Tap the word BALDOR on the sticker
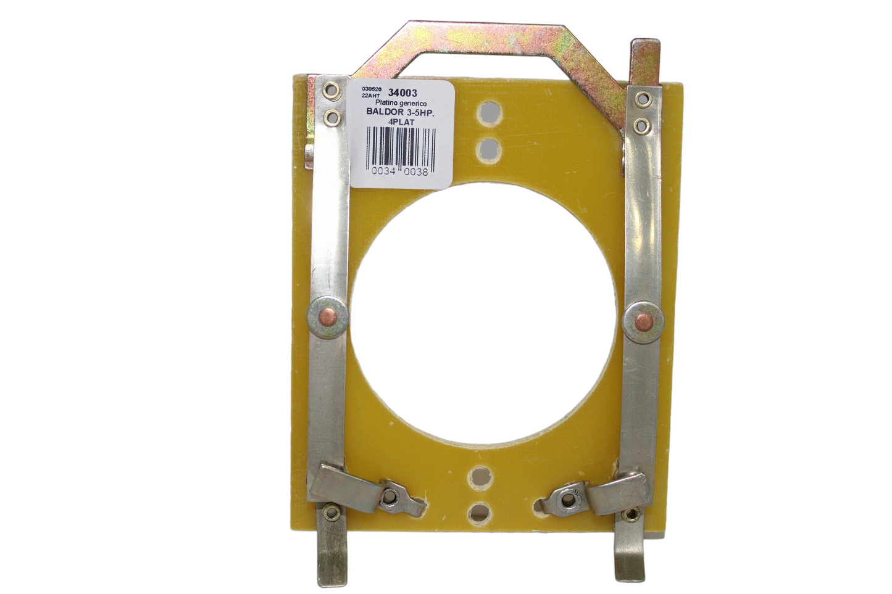[x=385, y=113]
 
